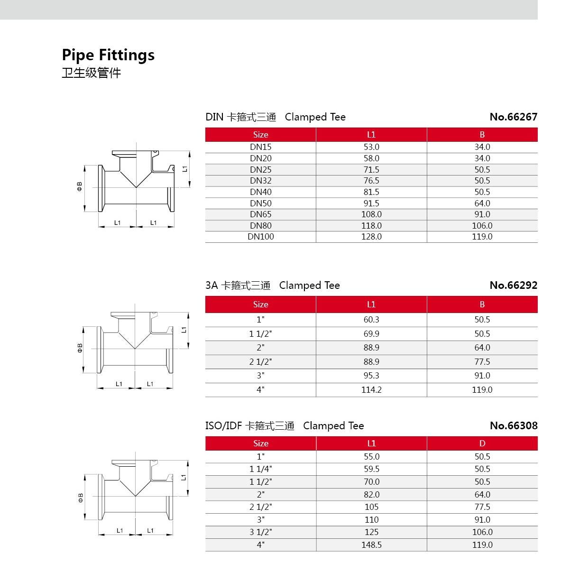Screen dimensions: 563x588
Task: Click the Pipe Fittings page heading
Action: coord(108,55)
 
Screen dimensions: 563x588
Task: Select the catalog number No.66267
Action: coord(513,117)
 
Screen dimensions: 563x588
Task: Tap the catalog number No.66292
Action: coord(513,285)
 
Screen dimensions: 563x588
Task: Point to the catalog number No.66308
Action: coord(513,425)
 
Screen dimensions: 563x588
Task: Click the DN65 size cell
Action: coord(260,214)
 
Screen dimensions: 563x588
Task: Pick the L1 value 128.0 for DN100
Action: coord(371,237)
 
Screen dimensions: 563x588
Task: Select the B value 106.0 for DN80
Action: coord(482,226)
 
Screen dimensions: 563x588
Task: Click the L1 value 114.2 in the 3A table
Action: coord(371,390)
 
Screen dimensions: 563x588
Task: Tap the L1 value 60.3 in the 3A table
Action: coord(371,320)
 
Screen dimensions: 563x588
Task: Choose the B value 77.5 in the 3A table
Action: coord(482,362)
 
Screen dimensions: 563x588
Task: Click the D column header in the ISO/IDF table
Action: coord(482,443)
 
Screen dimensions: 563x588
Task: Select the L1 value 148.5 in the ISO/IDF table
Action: coord(371,545)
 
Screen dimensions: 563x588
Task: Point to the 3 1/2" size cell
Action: coord(260,532)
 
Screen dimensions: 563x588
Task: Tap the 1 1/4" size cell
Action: coord(260,469)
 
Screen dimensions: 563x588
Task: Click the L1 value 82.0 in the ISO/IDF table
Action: coord(371,494)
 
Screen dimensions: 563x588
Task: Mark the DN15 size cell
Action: coord(260,147)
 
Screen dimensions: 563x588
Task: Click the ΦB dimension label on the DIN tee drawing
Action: coord(80,186)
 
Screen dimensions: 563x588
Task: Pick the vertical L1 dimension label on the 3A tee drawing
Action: coord(184,330)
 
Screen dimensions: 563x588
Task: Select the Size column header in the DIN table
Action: coord(260,135)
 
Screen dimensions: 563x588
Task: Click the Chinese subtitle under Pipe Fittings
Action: coord(92,73)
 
